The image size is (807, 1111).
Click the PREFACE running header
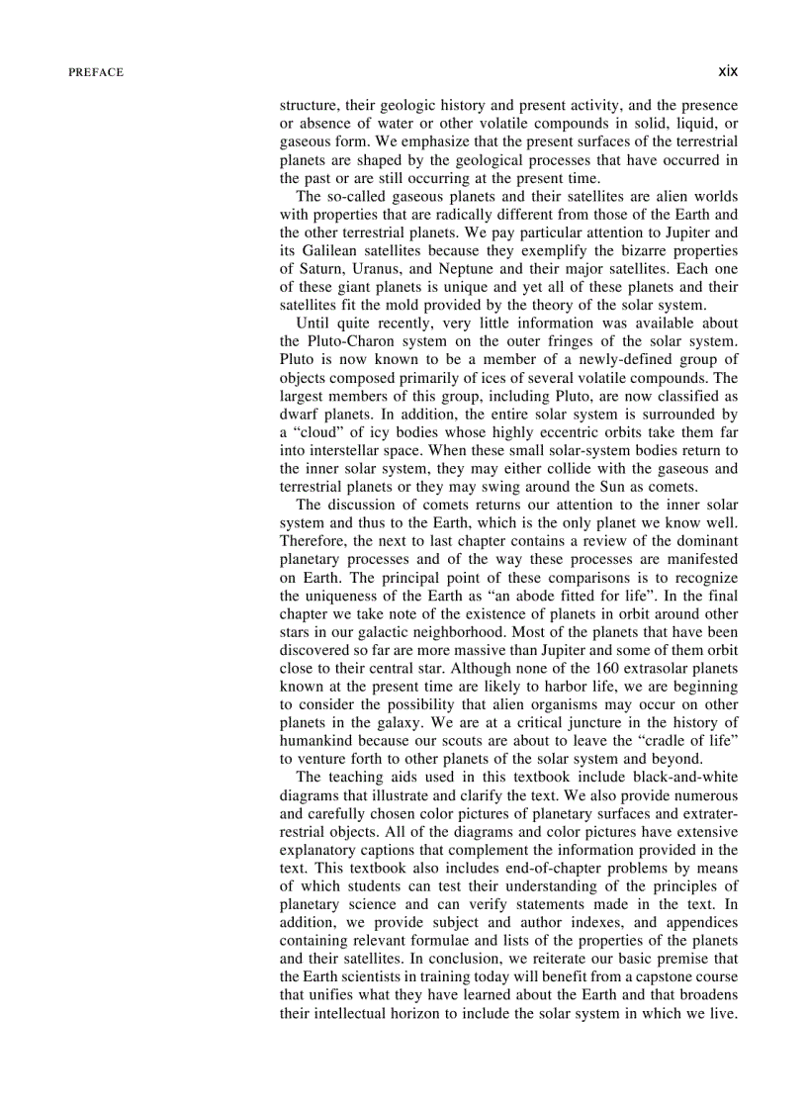tap(96, 72)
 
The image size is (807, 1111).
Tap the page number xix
tap(729, 71)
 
